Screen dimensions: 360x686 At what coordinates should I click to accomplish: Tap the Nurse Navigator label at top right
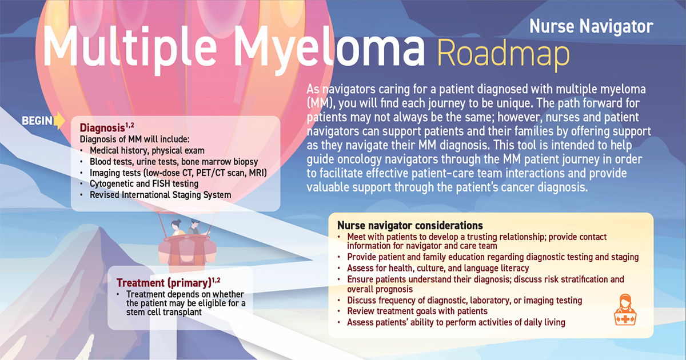coord(591,26)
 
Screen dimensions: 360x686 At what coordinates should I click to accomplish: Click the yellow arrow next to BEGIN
coord(59,121)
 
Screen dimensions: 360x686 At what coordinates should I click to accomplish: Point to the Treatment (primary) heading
coord(163,282)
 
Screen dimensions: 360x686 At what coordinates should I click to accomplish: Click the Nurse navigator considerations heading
coord(410,225)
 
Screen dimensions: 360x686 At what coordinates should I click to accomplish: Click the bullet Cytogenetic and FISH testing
coord(144,183)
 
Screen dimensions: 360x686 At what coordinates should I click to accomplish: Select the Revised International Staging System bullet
coord(160,194)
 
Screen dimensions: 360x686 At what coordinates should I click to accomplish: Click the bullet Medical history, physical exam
coord(147,151)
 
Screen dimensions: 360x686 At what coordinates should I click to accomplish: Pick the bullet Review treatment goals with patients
coord(417,311)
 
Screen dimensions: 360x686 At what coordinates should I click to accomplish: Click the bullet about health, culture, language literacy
coord(437,268)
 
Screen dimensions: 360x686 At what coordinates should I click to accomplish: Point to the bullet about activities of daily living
coord(456,322)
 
